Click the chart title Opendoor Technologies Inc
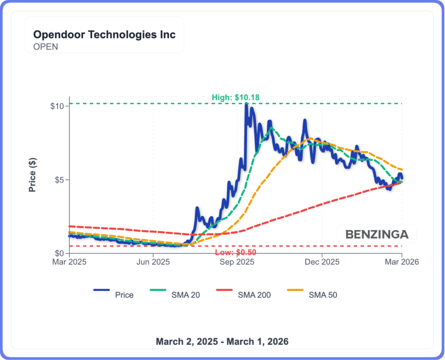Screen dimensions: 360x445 coord(105,35)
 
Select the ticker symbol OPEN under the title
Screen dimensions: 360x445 coord(46,46)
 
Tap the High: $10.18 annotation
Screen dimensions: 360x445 coord(236,98)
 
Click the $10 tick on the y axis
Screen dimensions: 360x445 coord(58,106)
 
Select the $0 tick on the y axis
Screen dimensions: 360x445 coord(60,253)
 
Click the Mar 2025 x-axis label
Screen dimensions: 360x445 coord(69,262)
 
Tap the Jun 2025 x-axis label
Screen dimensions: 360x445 coord(153,262)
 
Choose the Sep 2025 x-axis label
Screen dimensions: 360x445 coord(237,262)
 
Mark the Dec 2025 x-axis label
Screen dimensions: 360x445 coord(322,262)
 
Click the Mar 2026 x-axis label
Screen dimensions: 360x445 coord(402,262)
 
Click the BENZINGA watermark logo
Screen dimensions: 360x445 coord(377,235)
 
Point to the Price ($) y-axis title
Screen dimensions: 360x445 coord(32,175)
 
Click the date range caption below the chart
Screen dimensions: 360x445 coord(222,341)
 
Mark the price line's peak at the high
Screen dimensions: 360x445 coord(246,104)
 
